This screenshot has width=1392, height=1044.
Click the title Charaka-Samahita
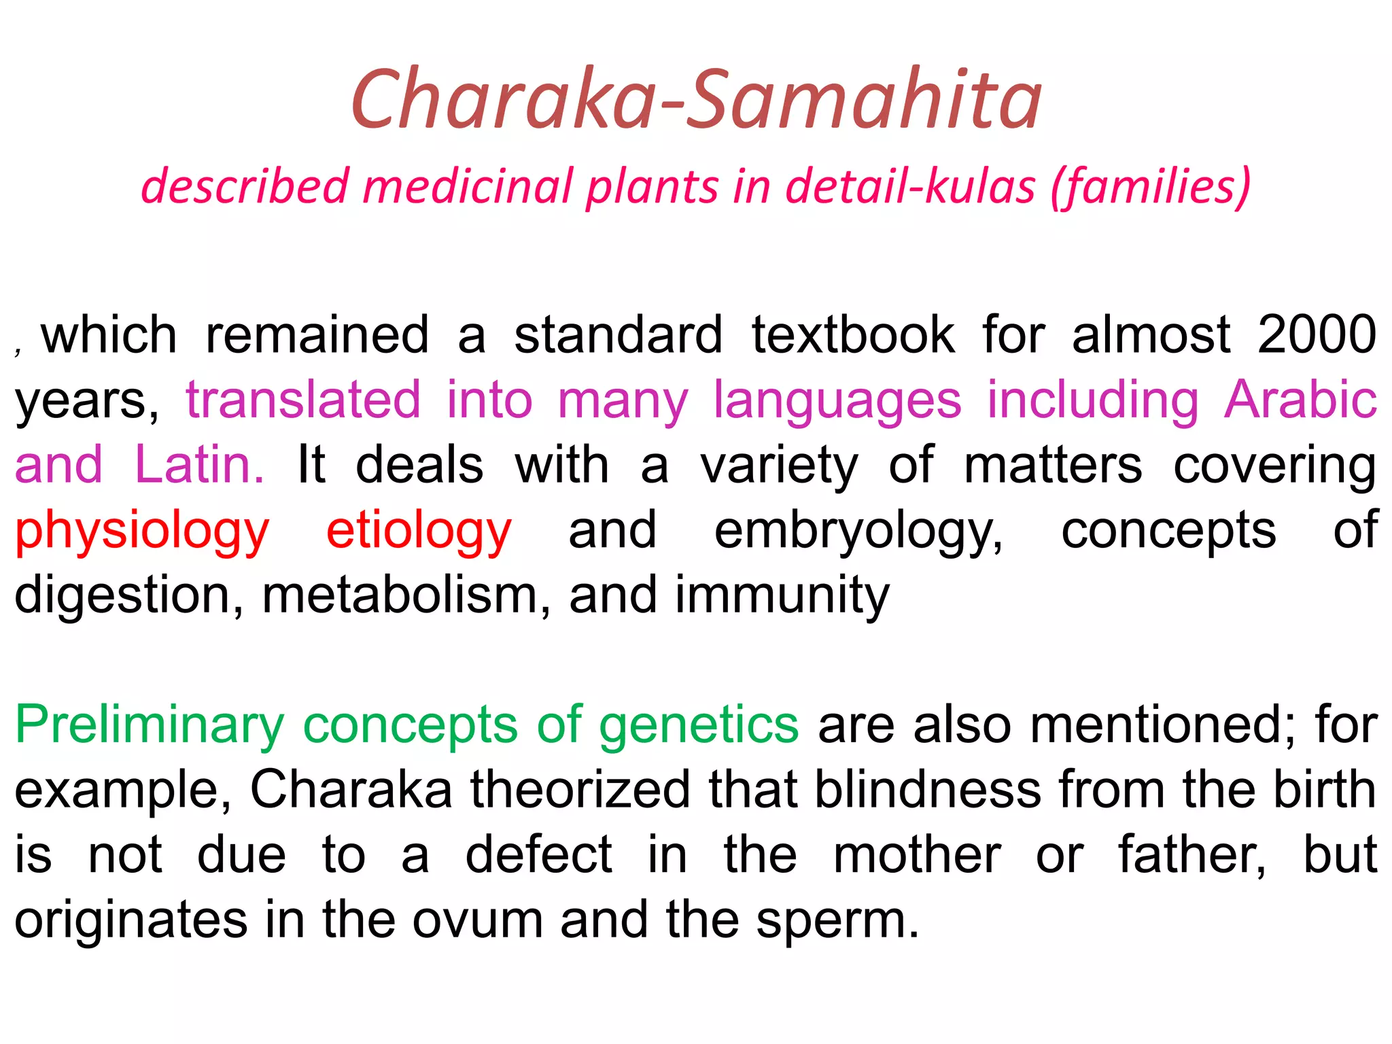pos(696,100)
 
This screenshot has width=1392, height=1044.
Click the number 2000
pos(1317,334)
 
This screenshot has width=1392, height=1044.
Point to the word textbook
pos(852,334)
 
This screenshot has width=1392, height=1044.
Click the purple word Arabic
pos(1300,400)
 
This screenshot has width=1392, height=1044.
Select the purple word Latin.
pos(199,465)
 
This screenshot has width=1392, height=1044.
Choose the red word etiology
pos(419,530)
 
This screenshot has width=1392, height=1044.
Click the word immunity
pos(782,595)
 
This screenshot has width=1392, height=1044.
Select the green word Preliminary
pos(150,725)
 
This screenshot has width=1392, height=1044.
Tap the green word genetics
pos(699,725)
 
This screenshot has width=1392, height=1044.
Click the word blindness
pos(928,790)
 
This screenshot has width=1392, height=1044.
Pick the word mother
pos(916,855)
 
